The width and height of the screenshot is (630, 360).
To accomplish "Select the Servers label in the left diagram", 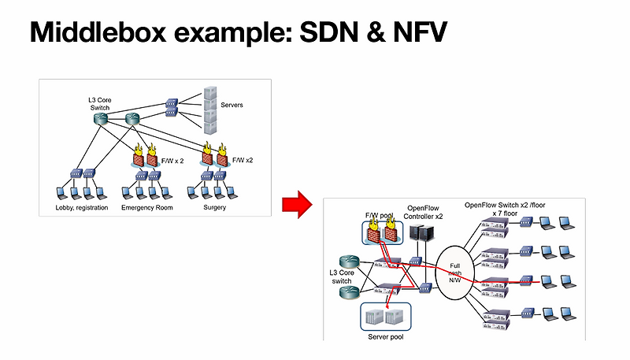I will click(232, 106).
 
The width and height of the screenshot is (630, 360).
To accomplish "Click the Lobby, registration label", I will click(81, 208).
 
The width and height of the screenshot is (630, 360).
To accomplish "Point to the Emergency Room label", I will click(147, 208).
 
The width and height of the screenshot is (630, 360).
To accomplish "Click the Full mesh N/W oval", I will click(454, 273).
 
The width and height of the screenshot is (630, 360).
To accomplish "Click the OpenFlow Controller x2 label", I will click(424, 211).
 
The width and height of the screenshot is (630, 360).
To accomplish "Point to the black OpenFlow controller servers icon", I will click(423, 235).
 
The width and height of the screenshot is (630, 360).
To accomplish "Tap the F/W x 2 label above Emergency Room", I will click(172, 161).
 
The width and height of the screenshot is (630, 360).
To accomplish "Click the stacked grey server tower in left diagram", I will click(209, 109).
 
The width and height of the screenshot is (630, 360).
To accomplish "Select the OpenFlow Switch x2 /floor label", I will click(505, 205).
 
